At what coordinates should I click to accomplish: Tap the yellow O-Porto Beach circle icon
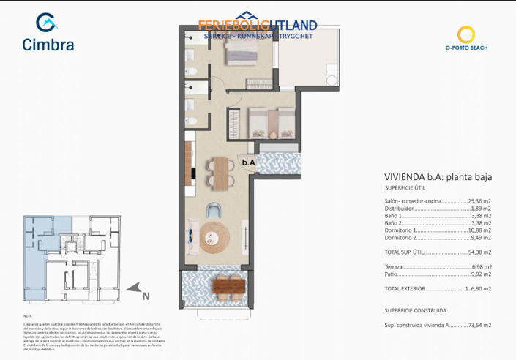point(466,34)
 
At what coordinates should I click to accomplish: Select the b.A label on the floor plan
point(249,162)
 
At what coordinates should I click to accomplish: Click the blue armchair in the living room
point(214,210)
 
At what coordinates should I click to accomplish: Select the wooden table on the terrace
point(228,289)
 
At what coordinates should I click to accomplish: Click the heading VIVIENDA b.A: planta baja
point(437,177)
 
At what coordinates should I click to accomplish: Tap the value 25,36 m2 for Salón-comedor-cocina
point(480,201)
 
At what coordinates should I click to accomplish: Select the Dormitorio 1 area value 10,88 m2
point(479,230)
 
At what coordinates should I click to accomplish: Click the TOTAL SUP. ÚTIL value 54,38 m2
point(479,252)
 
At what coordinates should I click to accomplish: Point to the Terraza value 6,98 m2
point(482,267)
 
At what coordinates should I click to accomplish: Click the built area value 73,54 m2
point(480,325)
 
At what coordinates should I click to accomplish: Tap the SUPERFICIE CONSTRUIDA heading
point(415,310)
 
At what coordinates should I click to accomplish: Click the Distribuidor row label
point(400,209)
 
